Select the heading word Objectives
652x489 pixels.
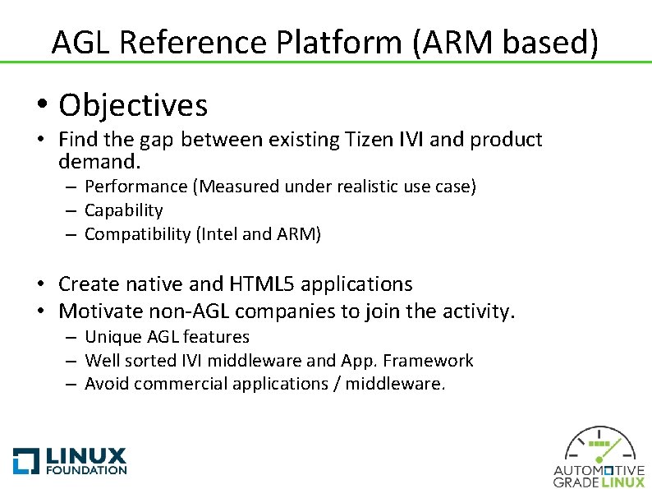[x=133, y=106]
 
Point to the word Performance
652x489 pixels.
[x=135, y=187]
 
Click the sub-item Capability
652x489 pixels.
[x=124, y=210]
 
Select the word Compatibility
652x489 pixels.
[x=137, y=234]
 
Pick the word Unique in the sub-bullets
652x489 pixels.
[x=111, y=337]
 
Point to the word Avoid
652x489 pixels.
[x=106, y=384]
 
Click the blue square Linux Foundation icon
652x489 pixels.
[x=26, y=460]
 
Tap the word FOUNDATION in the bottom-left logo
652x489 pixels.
[x=86, y=470]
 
